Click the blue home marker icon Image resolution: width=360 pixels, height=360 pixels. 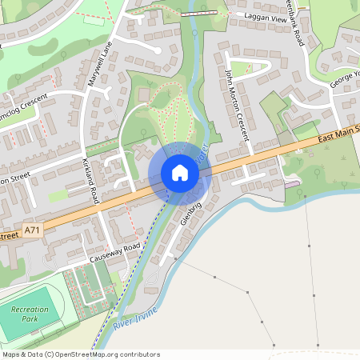click(x=179, y=174)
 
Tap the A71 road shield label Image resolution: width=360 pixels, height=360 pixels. click(x=32, y=230)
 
